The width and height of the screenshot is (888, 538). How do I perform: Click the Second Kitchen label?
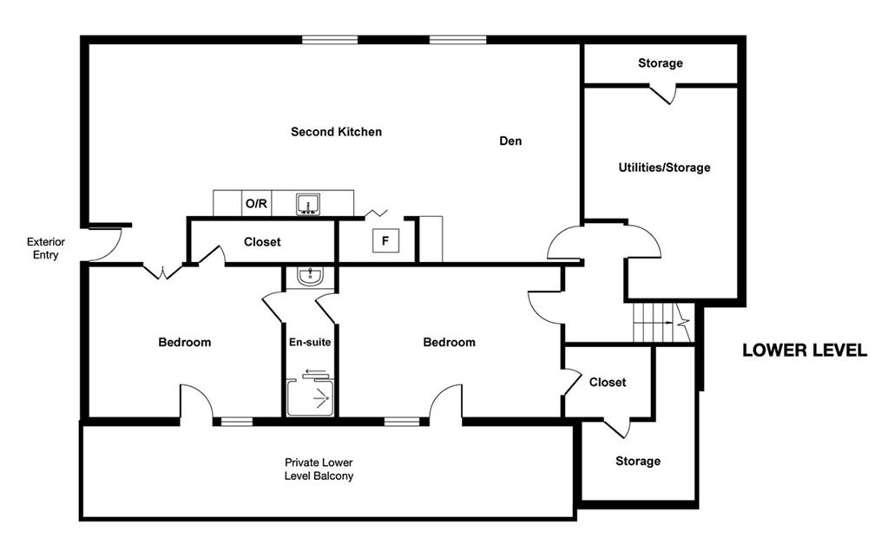[337, 132]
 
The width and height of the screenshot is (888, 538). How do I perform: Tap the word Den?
[510, 141]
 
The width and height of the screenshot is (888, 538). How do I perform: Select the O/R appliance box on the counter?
[257, 203]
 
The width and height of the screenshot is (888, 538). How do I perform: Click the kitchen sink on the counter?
[308, 204]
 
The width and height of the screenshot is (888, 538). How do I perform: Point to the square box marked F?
[385, 240]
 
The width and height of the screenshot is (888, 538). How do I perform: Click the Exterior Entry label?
[46, 248]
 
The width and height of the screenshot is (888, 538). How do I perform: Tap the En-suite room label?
[310, 342]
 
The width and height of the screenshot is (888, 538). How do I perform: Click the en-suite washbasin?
[311, 276]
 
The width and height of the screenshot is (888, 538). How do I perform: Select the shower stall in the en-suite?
[311, 397]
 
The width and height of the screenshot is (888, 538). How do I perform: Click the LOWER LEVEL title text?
[805, 350]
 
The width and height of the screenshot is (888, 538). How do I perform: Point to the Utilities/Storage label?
[664, 167]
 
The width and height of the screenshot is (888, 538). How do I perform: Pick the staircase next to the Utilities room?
[662, 322]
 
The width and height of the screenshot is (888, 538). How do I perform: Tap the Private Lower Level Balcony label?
[319, 469]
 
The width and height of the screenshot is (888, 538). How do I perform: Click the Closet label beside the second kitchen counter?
[262, 242]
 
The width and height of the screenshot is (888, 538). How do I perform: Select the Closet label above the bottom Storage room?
[608, 383]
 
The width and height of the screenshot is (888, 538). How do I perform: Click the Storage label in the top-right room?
[661, 62]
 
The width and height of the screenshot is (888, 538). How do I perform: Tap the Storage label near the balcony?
[638, 461]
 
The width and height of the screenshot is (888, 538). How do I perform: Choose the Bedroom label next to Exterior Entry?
[185, 342]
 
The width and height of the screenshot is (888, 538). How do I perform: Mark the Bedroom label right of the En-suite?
[449, 342]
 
